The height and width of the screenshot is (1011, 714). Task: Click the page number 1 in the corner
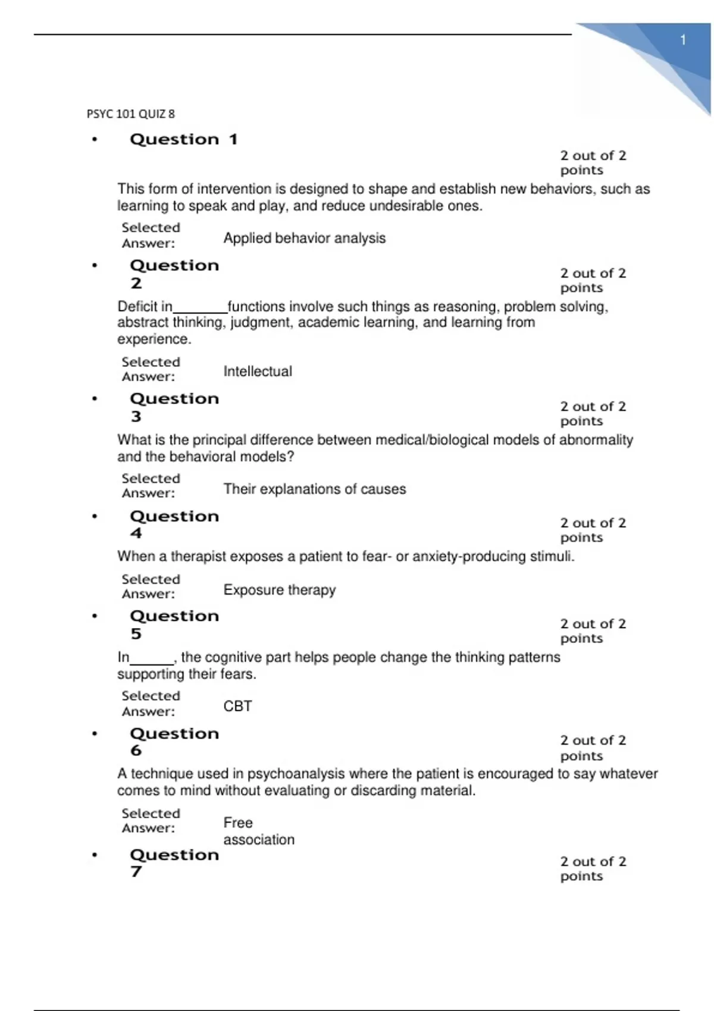pyautogui.click(x=683, y=40)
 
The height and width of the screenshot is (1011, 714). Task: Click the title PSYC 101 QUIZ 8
pyautogui.click(x=131, y=114)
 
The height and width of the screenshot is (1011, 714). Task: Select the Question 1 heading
pyautogui.click(x=183, y=139)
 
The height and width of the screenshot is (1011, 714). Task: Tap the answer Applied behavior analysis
pyautogui.click(x=304, y=238)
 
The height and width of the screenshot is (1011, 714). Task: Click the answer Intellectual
pyautogui.click(x=258, y=371)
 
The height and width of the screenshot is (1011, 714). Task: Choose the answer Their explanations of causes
pyautogui.click(x=314, y=489)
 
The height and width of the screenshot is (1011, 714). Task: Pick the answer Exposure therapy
pyautogui.click(x=279, y=590)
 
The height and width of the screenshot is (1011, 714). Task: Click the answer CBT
pyautogui.click(x=237, y=706)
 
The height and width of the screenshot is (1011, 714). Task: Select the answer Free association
pyautogui.click(x=258, y=831)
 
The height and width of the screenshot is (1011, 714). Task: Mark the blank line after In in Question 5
pyautogui.click(x=152, y=660)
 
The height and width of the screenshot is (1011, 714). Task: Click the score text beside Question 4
pyautogui.click(x=593, y=530)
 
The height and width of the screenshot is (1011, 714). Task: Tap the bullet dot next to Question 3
pyautogui.click(x=94, y=399)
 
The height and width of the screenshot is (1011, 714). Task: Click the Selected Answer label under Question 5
pyautogui.click(x=150, y=704)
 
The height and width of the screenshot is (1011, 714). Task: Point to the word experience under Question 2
pyautogui.click(x=153, y=339)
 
